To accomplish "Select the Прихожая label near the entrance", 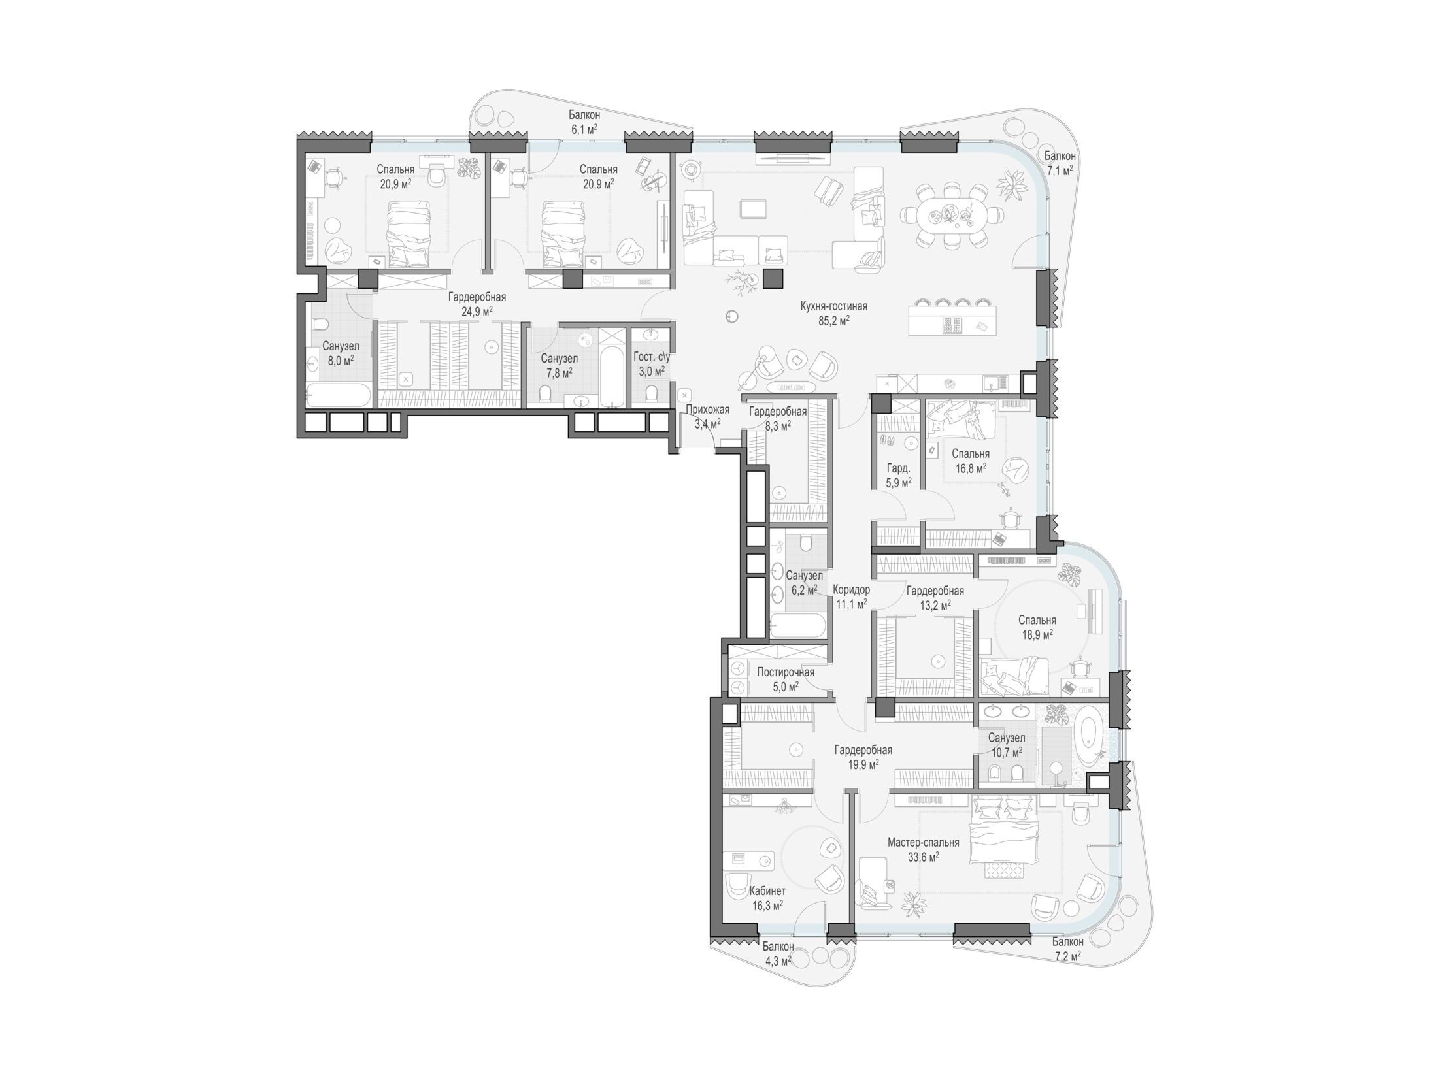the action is coord(707,410).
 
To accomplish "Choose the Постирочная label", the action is coord(785,672).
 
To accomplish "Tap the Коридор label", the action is coord(852,589).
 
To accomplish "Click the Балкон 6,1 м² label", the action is coord(584,122).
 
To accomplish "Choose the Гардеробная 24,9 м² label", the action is coord(477,304).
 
